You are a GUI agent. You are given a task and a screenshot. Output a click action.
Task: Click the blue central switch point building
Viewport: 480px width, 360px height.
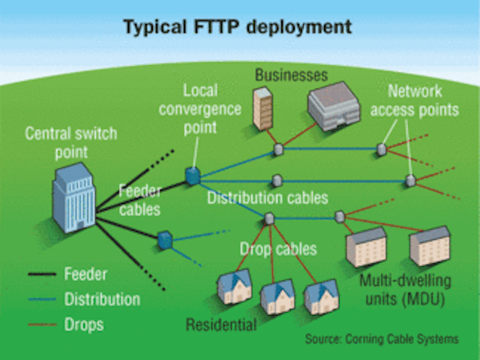(74, 196)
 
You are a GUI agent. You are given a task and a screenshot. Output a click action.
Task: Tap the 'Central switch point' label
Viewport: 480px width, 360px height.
(70, 142)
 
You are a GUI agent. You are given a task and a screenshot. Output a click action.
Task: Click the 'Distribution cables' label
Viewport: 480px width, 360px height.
(268, 198)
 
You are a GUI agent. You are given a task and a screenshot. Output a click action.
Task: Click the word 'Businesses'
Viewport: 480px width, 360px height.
(291, 75)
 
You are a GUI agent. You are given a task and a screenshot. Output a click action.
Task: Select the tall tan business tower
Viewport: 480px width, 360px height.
(262, 109)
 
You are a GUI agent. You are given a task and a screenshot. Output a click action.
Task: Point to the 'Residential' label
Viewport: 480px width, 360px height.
(221, 325)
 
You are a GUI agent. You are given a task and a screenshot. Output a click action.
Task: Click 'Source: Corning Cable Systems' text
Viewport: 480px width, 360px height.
(381, 340)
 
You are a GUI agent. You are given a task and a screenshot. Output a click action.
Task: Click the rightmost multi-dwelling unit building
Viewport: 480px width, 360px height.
(429, 246)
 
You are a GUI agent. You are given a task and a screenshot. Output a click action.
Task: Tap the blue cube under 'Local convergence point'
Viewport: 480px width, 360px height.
(193, 176)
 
